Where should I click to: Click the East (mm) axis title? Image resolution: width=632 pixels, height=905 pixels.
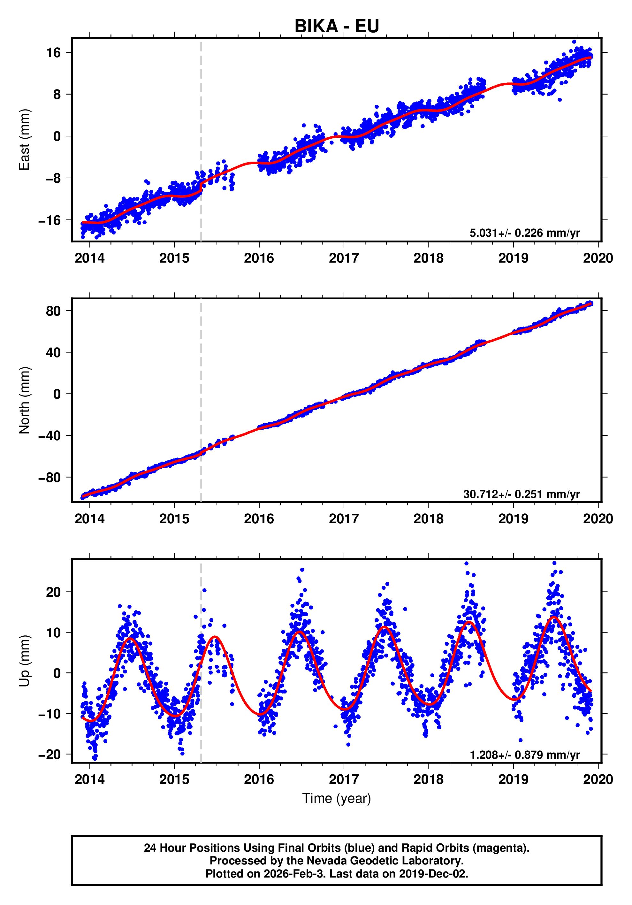24,140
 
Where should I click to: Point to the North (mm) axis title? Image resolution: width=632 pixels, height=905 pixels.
24,400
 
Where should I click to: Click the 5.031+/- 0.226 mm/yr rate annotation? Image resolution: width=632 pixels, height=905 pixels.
524,233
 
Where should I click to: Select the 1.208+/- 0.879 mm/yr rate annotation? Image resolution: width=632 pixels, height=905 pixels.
524,755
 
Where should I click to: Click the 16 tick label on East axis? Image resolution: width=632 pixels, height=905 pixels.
54,52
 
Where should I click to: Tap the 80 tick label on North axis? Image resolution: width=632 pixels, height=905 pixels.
54,311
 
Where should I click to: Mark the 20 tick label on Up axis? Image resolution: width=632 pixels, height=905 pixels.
54,592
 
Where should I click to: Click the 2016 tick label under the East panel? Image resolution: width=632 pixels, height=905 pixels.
259,258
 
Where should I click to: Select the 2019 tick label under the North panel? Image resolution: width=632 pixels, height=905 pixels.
513,519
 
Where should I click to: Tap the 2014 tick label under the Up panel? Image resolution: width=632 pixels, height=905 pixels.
89,779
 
